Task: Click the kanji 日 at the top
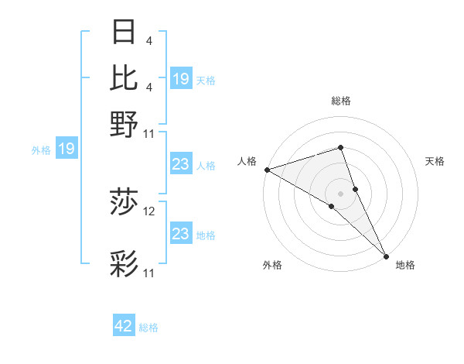click(x=125, y=33)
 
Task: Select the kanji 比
click(x=125, y=77)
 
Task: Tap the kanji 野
click(x=125, y=123)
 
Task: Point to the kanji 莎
click(x=125, y=203)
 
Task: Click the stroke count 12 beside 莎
click(x=149, y=211)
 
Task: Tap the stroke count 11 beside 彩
click(x=149, y=273)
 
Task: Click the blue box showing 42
click(x=124, y=326)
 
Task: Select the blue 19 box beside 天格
click(x=181, y=78)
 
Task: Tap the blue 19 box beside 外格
click(x=67, y=149)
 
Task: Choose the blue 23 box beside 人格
click(x=180, y=164)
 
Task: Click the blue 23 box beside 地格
click(x=180, y=233)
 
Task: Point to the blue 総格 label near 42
click(x=148, y=328)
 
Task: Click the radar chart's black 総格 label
click(x=340, y=101)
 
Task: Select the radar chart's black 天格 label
click(x=435, y=161)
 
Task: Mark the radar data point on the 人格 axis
click(x=266, y=170)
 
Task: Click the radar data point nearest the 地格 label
click(x=386, y=254)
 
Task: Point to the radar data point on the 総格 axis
click(x=340, y=147)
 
